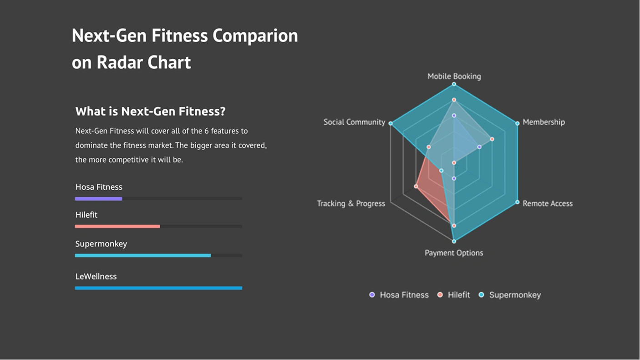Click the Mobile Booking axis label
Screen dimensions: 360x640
pos(454,76)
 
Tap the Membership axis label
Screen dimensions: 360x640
pos(543,122)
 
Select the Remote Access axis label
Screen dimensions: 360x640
pos(547,203)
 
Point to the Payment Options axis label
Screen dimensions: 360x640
pos(454,253)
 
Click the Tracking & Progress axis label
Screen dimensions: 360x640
pos(351,203)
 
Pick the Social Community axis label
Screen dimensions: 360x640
pos(354,122)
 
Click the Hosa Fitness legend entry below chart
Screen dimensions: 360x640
pos(399,295)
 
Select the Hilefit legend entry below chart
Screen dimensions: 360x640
pos(453,295)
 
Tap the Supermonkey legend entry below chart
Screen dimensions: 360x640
pos(510,295)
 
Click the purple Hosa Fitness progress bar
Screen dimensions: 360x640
pos(99,199)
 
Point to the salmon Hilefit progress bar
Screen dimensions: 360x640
pos(117,226)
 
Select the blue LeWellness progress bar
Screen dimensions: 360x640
pos(158,288)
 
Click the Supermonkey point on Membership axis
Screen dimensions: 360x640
pos(517,123)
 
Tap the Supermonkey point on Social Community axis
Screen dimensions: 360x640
pos(391,123)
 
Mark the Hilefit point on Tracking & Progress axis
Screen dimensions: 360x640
pos(416,187)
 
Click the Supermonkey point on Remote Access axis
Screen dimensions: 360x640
pos(517,202)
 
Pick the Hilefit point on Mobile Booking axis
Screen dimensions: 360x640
pos(454,100)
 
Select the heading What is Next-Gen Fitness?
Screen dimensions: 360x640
pos(150,111)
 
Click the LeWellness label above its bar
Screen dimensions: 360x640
pos(96,276)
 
